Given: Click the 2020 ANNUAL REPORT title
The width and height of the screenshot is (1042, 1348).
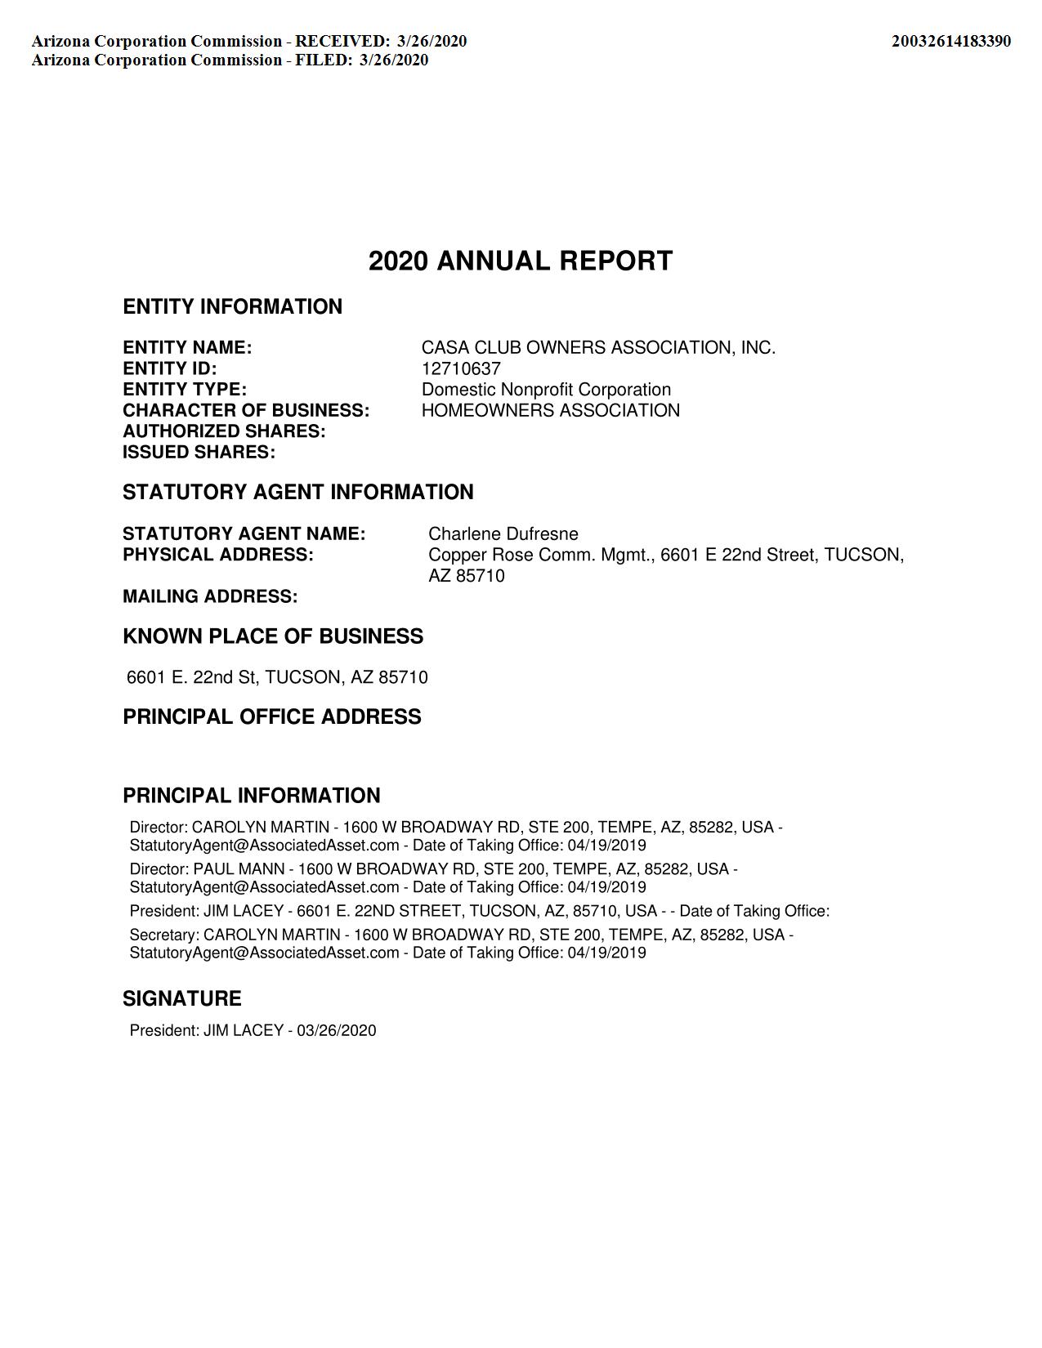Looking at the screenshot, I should [x=521, y=261].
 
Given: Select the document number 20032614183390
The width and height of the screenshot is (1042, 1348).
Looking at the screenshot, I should [x=950, y=41].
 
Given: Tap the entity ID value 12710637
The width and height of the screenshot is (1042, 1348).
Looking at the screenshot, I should [x=461, y=368].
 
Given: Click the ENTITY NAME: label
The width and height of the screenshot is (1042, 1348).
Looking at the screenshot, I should [x=187, y=348].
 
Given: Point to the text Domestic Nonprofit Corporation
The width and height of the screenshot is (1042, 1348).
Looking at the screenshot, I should [x=546, y=390].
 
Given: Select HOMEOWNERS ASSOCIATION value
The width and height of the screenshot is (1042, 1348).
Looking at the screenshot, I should [x=550, y=410].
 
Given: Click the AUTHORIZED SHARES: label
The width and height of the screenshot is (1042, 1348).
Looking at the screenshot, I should [x=224, y=431].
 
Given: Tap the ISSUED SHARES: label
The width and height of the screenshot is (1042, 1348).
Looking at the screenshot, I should [x=199, y=452].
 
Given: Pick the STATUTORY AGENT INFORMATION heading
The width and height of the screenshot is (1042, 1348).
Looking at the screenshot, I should [x=297, y=492].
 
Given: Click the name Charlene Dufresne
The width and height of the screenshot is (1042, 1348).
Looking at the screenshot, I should [x=503, y=534].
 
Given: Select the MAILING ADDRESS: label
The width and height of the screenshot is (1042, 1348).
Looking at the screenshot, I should [x=210, y=596].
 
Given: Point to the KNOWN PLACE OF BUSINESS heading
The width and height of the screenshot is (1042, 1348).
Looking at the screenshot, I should [x=273, y=636].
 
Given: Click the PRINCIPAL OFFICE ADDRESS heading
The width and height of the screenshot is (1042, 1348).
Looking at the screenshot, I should [x=272, y=716].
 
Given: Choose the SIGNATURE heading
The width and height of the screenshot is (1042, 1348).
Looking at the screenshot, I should [x=181, y=998].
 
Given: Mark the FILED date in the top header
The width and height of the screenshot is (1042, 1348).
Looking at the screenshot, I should [x=393, y=60].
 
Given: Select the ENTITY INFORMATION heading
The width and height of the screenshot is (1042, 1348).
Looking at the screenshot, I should [x=232, y=306].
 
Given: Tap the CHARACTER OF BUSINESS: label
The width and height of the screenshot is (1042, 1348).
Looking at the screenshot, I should [x=246, y=410].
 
